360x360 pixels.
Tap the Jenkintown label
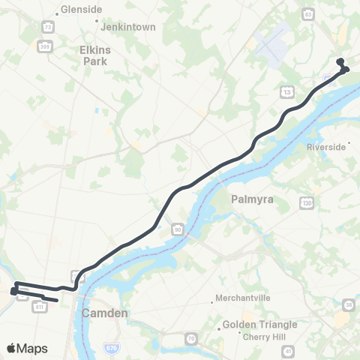coord(130,27)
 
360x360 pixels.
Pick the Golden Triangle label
coord(259,325)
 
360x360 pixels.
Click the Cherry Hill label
coord(263,337)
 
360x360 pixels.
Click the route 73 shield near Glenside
coord(48,27)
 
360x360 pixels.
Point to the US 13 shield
coord(287,91)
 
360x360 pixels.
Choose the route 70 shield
coord(191,340)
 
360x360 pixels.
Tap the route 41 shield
coord(310,349)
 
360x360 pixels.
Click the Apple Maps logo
coord(27,348)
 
